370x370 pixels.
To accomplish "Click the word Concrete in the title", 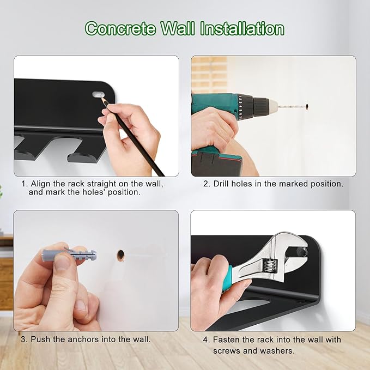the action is (x=120, y=29).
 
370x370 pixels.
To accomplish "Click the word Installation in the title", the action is (x=242, y=29).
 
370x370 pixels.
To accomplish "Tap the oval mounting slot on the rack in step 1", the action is (x=99, y=95).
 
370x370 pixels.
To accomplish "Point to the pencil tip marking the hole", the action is (x=103, y=99).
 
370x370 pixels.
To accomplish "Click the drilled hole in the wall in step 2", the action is (x=307, y=107).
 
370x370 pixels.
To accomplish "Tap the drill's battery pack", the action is (x=216, y=163).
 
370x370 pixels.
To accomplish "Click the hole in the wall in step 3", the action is (x=120, y=256).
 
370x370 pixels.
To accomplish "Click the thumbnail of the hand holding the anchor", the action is (x=96, y=271).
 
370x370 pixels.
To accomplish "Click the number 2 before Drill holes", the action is (x=206, y=184).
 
